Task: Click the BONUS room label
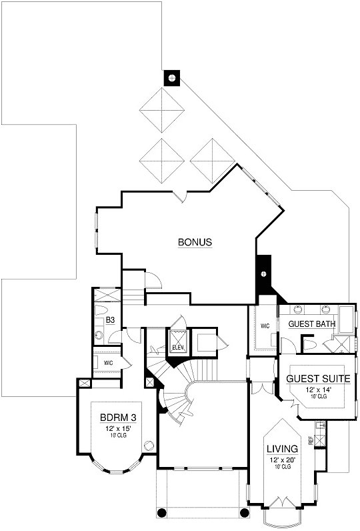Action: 195,243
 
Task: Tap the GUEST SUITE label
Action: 309,378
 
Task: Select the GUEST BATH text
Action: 311,324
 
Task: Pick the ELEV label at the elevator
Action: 178,348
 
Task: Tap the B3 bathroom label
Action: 111,320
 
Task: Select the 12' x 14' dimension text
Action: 309,389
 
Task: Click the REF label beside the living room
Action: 311,440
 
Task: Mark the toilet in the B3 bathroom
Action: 101,312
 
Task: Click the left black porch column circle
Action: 161,512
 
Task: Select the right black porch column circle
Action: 244,512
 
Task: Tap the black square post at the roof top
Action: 173,78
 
